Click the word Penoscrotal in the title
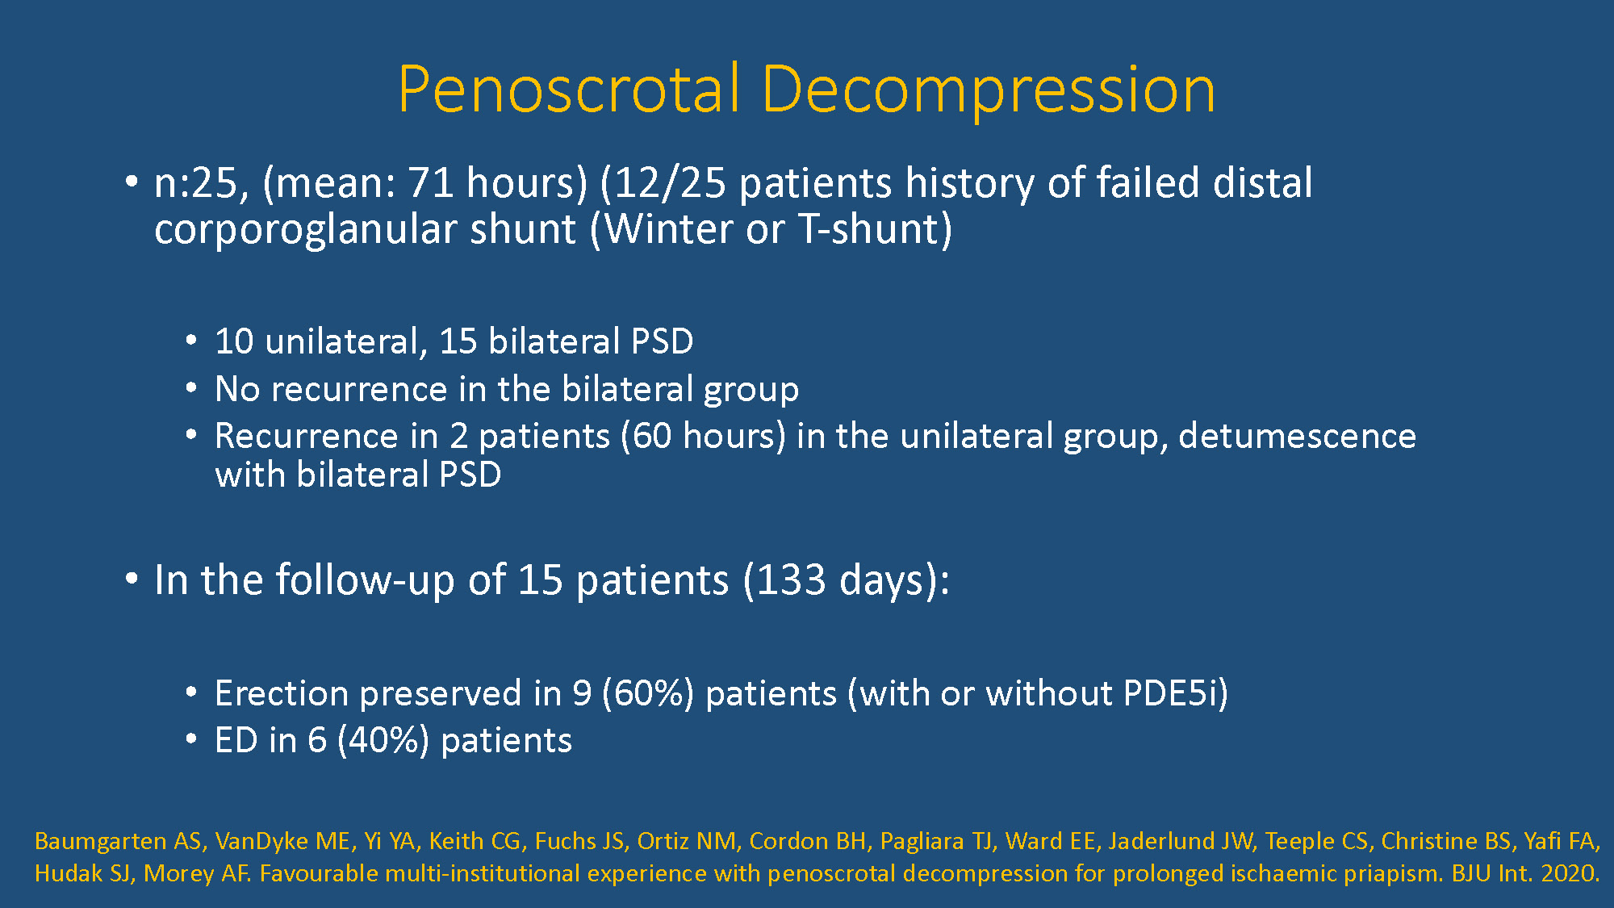(x=569, y=89)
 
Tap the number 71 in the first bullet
(x=431, y=182)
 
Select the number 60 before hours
(x=652, y=436)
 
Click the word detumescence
(x=1297, y=436)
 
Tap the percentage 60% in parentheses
(x=648, y=693)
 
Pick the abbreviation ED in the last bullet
(x=236, y=740)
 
